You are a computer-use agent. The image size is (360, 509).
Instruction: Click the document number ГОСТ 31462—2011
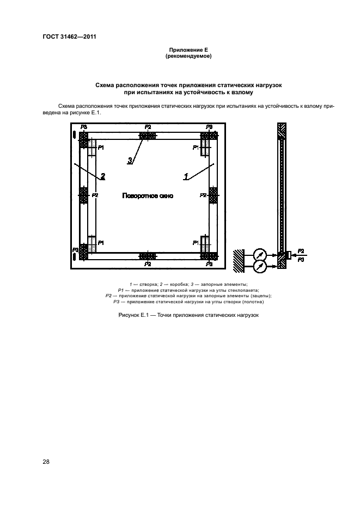[65, 37]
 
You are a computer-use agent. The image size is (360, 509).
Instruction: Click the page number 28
[46, 462]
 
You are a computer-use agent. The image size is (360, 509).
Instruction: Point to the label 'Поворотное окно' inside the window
[148, 196]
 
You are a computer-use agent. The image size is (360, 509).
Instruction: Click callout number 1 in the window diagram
[186, 176]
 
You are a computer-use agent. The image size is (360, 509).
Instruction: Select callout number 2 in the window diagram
[102, 176]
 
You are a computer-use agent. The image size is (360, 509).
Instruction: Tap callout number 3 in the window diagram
[130, 160]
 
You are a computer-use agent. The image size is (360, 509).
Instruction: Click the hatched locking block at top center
[148, 135]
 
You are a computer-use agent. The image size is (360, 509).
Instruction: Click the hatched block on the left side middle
[84, 195]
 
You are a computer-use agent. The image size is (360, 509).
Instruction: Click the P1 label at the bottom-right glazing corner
[195, 242]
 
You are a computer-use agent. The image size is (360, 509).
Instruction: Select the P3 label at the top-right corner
[210, 127]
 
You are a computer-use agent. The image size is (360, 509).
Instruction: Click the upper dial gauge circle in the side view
[260, 254]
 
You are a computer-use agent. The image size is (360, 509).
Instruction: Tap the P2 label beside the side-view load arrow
[301, 251]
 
